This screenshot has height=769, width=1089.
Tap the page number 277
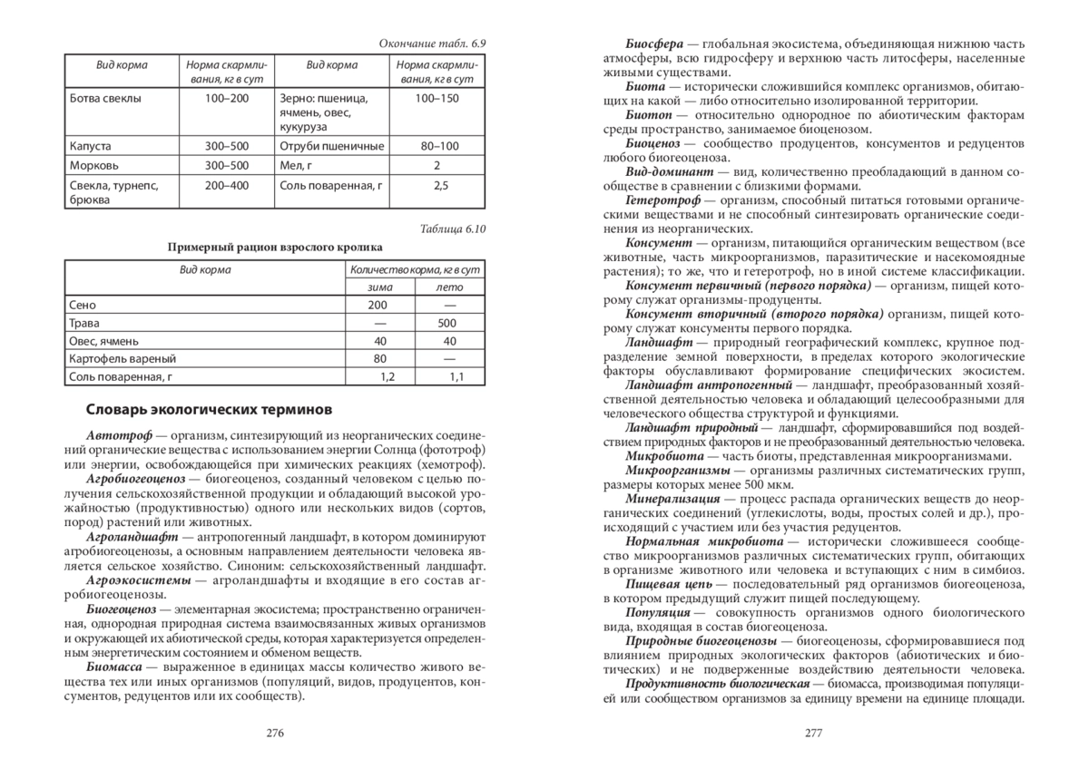(x=813, y=734)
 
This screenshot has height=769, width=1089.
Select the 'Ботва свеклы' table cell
(x=105, y=97)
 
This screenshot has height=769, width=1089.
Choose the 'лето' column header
(x=450, y=287)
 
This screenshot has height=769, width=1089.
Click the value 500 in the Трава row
(x=446, y=323)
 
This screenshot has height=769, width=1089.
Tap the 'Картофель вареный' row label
(x=123, y=358)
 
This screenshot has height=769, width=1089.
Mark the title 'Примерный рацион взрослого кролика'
(x=275, y=247)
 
